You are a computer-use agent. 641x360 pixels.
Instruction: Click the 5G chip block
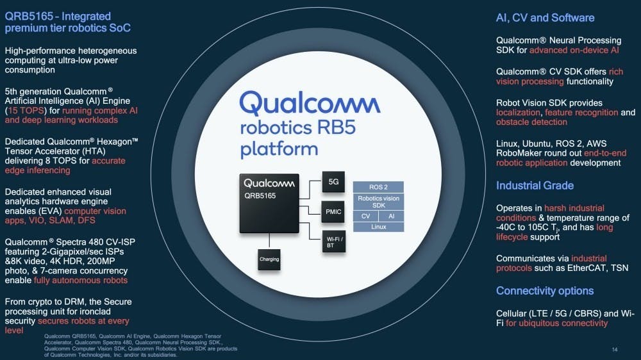pos(333,182)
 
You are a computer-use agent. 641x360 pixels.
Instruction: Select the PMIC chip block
pos(333,211)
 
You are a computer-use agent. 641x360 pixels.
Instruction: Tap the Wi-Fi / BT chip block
pos(333,241)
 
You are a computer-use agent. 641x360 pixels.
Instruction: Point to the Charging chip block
pos(269,259)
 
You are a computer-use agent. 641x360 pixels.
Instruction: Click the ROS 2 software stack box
pos(378,187)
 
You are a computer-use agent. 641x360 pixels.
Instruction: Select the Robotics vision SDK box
pos(378,202)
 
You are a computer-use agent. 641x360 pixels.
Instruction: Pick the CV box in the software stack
pos(365,216)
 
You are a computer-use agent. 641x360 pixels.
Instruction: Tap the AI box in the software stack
pos(391,216)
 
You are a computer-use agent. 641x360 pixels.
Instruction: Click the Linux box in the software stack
pos(378,227)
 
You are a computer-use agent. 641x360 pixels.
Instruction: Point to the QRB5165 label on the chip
pos(260,196)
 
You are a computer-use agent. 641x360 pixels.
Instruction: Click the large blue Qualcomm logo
pos(310,103)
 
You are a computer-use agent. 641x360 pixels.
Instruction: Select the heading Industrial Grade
pos(535,186)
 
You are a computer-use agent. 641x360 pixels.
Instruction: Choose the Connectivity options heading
pos(544,291)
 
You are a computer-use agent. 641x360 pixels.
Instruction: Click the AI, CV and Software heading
pos(545,17)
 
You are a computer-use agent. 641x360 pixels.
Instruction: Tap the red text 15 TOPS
pos(26,111)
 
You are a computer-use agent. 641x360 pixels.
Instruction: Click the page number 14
pos(615,349)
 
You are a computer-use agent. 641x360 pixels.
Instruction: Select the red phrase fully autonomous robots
pos(81,281)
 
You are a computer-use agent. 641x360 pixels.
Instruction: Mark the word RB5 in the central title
pos(335,128)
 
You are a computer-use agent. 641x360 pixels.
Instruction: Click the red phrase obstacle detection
pos(531,122)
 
